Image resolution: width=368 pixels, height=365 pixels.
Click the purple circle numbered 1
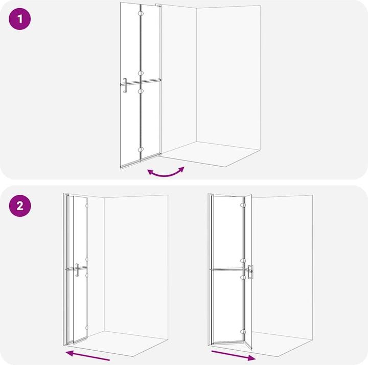pos(20,19)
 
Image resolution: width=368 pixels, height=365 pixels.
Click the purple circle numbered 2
pos(20,206)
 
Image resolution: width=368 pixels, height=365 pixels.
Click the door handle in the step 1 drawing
pos(125,85)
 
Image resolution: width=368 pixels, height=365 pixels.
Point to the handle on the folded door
pos(77,270)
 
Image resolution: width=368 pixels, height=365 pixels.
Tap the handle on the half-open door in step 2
pos(250,272)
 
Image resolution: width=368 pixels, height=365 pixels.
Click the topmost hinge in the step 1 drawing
pos(141,14)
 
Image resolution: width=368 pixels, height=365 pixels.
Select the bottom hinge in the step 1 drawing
pos(141,149)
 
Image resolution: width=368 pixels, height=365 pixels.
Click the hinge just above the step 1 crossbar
pos(141,74)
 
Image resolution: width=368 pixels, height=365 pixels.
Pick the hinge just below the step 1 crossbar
pos(141,91)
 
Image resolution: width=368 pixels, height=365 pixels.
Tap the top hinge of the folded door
pos(87,206)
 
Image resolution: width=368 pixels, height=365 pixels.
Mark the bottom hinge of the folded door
pos(87,328)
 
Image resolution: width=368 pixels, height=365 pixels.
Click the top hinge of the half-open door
pos(243,205)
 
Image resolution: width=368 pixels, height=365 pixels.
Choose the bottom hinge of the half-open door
pos(243,332)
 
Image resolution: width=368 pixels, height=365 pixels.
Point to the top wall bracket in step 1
pos(159,5)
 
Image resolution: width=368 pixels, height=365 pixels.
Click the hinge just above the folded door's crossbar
pos(87,260)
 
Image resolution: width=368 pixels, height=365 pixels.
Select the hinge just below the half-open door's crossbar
pos(243,278)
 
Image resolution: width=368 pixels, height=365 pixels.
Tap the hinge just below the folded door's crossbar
pos(87,275)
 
